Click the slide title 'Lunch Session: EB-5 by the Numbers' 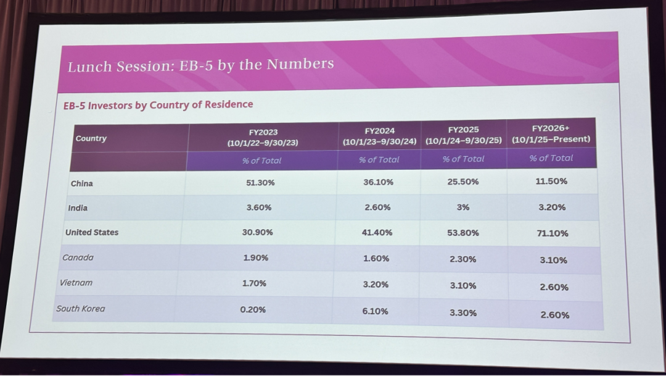pyautogui.click(x=201, y=65)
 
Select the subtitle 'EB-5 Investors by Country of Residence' pyautogui.click(x=158, y=104)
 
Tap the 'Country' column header pyautogui.click(x=91, y=138)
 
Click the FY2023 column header pyautogui.click(x=263, y=138)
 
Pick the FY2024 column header pyautogui.click(x=380, y=136)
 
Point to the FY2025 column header pyautogui.click(x=463, y=135)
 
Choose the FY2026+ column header pyautogui.click(x=551, y=133)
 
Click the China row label pyautogui.click(x=81, y=183)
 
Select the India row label pyautogui.click(x=78, y=208)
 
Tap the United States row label pyautogui.click(x=92, y=232)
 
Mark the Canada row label pyautogui.click(x=78, y=257)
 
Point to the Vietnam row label pyautogui.click(x=76, y=282)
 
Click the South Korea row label pyautogui.click(x=80, y=308)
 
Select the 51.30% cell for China pyautogui.click(x=260, y=183)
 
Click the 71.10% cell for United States pyautogui.click(x=552, y=233)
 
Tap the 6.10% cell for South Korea pyautogui.click(x=375, y=311)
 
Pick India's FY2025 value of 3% pyautogui.click(x=463, y=207)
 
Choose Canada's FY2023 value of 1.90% pyautogui.click(x=256, y=257)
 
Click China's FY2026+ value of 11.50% pyautogui.click(x=551, y=181)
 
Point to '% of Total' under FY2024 pyautogui.click(x=379, y=159)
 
